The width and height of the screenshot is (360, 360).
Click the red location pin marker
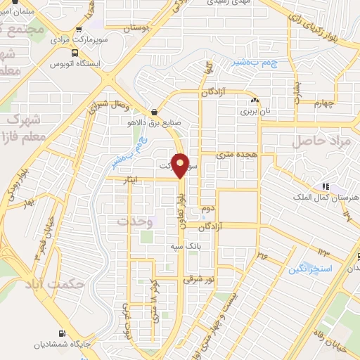[181, 165]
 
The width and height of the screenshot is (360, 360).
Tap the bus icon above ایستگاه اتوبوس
[75, 52]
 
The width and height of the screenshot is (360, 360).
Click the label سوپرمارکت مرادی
[79, 40]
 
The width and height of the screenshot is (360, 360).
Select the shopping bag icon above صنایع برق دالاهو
[154, 111]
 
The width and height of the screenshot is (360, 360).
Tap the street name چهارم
[327, 105]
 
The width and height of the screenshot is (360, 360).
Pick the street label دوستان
[138, 29]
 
